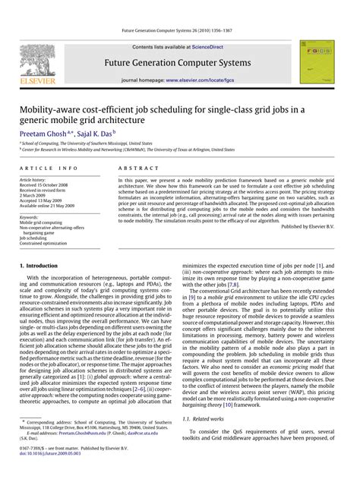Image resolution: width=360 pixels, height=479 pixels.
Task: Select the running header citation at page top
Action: pos(179,31)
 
